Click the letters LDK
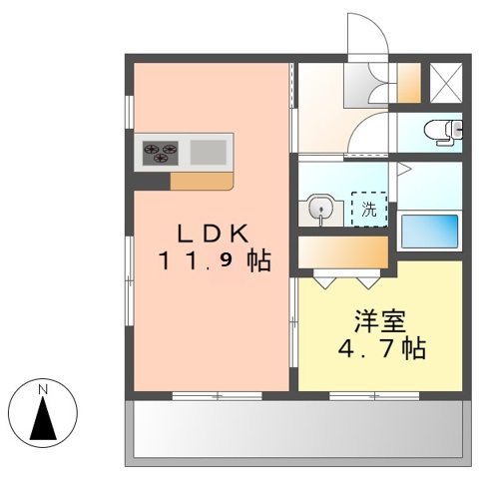pyautogui.click(x=212, y=233)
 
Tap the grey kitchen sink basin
pyautogui.click(x=208, y=152)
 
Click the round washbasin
pyautogui.click(x=321, y=208)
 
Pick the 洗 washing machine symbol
pyautogui.click(x=369, y=210)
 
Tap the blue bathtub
pyautogui.click(x=429, y=231)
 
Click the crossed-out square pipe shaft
pyautogui.click(x=444, y=82)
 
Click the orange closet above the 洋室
pyautogui.click(x=345, y=248)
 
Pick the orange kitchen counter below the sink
pyautogui.click(x=202, y=182)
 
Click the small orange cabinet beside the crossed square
pyautogui.click(x=408, y=82)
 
